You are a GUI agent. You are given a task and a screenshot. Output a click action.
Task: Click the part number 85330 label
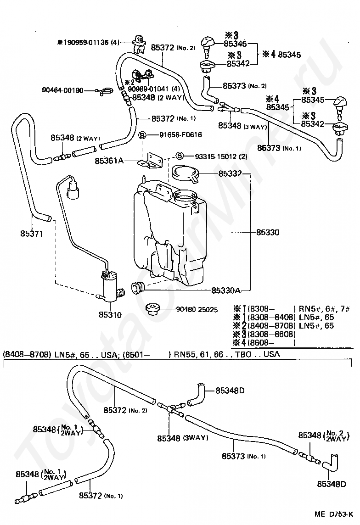click(268, 232)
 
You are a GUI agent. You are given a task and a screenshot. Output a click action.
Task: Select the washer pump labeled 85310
click(111, 286)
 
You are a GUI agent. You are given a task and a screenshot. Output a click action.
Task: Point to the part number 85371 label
click(32, 234)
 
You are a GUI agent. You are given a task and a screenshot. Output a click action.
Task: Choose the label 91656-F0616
click(180, 135)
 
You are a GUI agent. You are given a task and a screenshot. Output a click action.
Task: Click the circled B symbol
click(143, 135)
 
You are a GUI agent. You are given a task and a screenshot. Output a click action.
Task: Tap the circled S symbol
click(180, 156)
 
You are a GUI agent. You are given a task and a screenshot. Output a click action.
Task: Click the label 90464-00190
click(62, 90)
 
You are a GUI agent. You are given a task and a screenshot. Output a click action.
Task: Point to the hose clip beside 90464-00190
click(101, 91)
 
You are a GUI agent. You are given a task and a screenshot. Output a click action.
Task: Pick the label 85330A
click(226, 290)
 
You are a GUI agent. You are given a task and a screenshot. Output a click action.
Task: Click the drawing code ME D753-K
click(333, 514)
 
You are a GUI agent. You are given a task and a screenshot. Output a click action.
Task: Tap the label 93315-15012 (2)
click(221, 156)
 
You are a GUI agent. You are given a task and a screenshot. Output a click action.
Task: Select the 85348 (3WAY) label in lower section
click(183, 438)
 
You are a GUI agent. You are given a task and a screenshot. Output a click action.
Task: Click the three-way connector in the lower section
click(171, 408)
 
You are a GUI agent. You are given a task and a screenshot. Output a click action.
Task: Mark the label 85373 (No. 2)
click(245, 86)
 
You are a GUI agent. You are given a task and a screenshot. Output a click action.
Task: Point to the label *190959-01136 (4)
click(88, 43)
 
